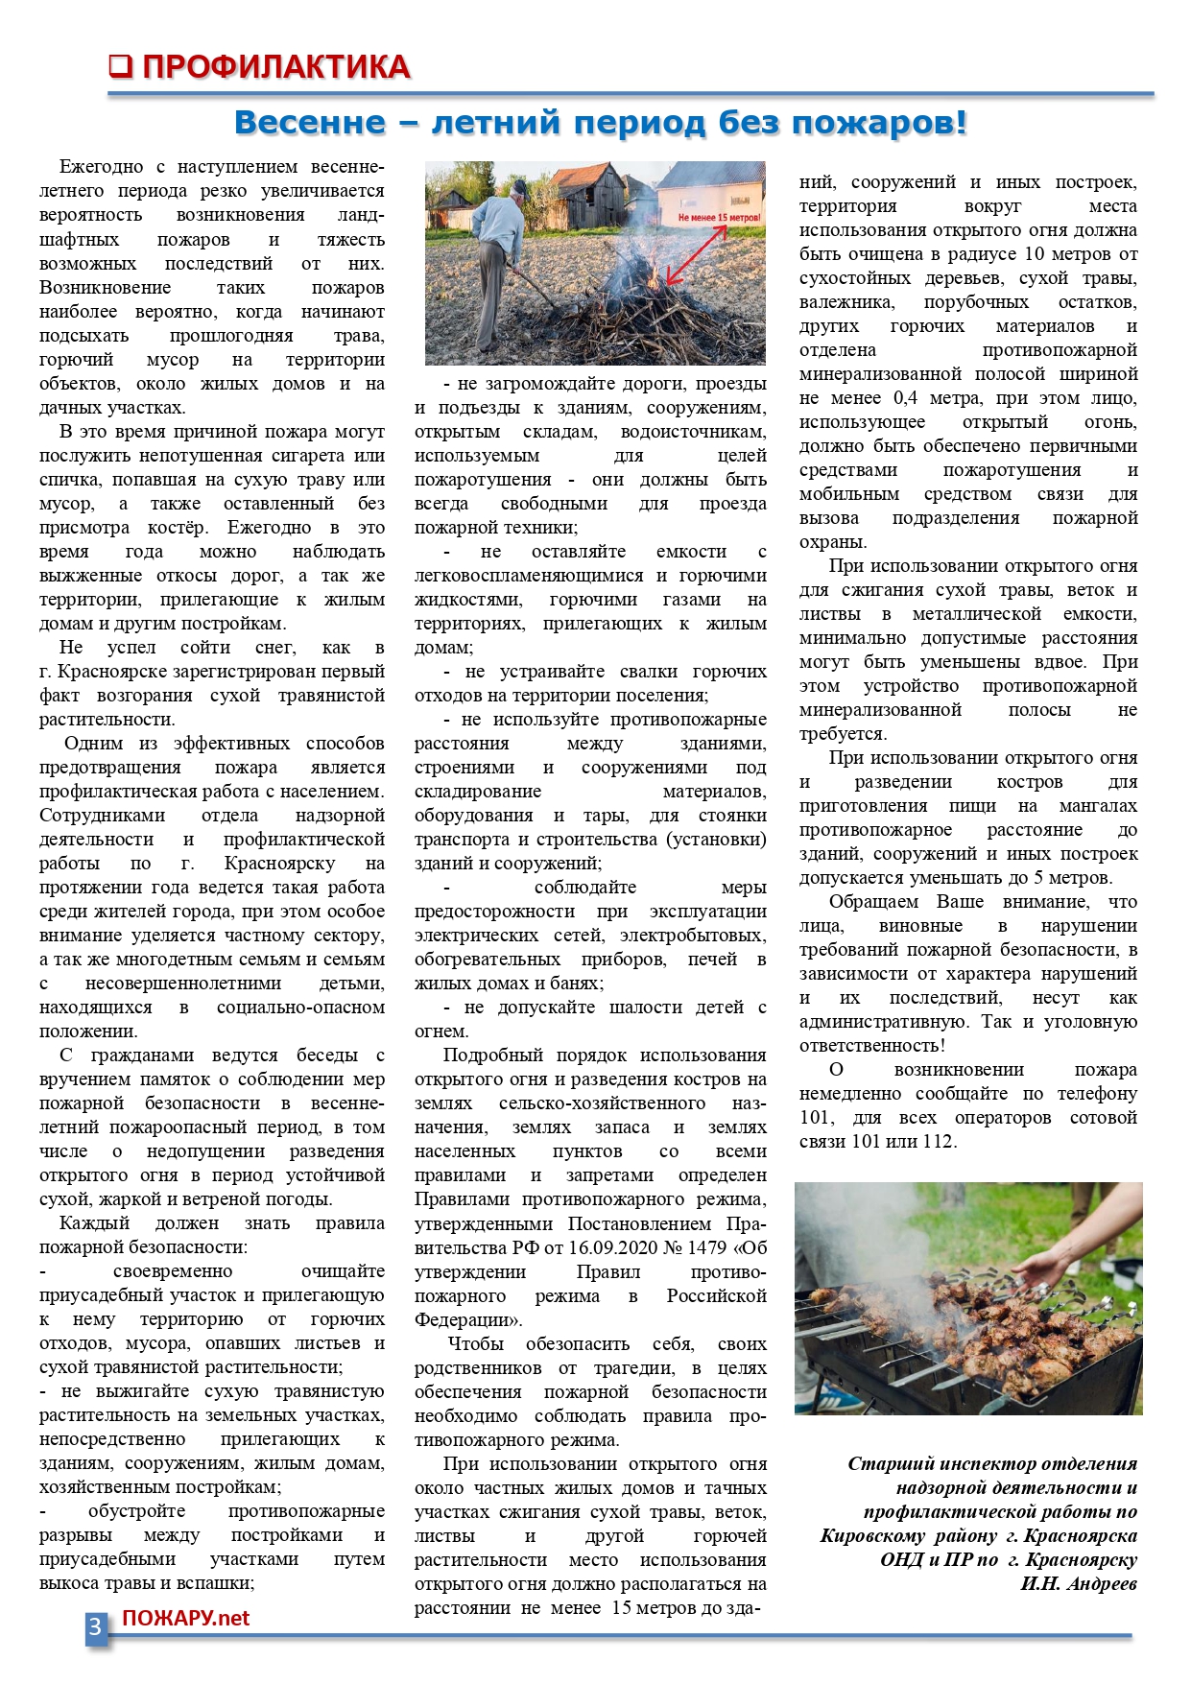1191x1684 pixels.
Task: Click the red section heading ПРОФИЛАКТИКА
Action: pos(276,67)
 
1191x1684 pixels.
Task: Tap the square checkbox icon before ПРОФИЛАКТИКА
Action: pos(120,66)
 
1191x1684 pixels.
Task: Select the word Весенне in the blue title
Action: pos(310,123)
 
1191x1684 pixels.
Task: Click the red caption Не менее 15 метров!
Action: pos(719,218)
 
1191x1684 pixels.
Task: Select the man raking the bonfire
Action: pos(500,254)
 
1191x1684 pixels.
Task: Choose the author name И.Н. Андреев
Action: pos(1078,1583)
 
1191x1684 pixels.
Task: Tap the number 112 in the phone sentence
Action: pos(936,1141)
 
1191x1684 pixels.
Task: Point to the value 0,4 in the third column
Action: pos(905,397)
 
